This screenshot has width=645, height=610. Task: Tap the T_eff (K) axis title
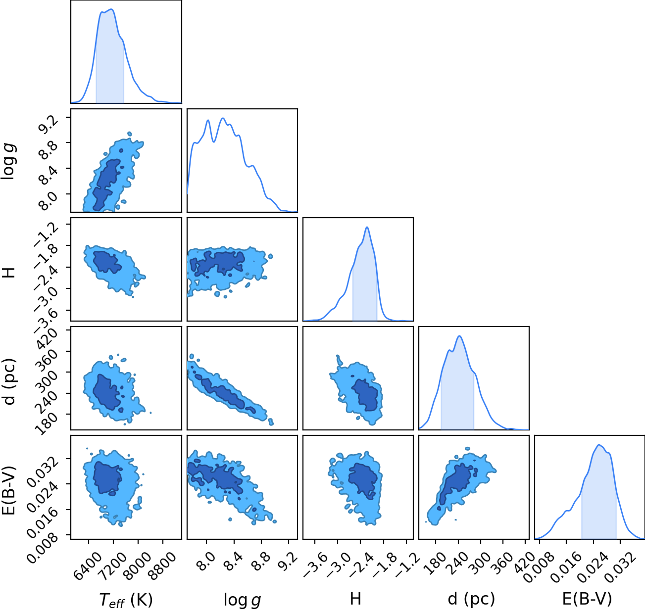(x=126, y=600)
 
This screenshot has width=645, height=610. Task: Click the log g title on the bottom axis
(x=242, y=600)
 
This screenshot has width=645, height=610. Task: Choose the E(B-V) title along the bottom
(x=587, y=599)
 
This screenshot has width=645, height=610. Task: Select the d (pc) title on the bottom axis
(x=471, y=599)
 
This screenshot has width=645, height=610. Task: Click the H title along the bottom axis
(x=355, y=599)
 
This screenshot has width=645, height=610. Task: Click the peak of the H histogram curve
(x=367, y=227)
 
